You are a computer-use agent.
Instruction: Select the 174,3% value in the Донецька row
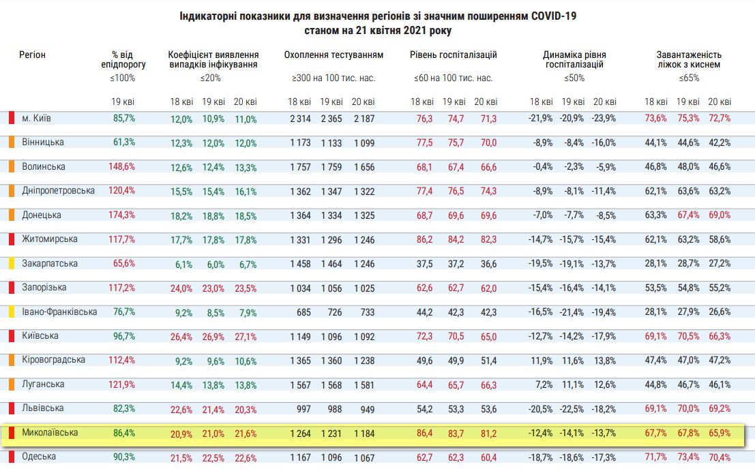123,215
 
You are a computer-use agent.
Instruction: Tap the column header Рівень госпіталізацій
454,55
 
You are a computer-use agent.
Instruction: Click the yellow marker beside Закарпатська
11,263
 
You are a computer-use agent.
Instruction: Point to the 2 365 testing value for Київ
331,119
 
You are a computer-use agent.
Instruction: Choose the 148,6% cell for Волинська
123,167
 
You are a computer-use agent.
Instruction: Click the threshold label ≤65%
688,78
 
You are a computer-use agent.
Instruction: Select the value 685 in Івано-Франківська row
304,312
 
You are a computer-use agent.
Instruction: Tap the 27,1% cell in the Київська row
246,337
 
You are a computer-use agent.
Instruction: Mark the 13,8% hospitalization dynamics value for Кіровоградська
604,361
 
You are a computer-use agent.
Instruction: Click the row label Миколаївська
50,433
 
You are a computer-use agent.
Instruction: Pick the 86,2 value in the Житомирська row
424,240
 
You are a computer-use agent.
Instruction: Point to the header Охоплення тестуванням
334,55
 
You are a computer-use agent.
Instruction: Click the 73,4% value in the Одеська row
688,457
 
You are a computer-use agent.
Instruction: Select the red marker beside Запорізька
11,288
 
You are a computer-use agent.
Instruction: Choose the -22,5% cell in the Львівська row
573,409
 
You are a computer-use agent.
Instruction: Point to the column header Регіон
32,55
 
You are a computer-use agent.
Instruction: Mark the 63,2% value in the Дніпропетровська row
720,192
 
